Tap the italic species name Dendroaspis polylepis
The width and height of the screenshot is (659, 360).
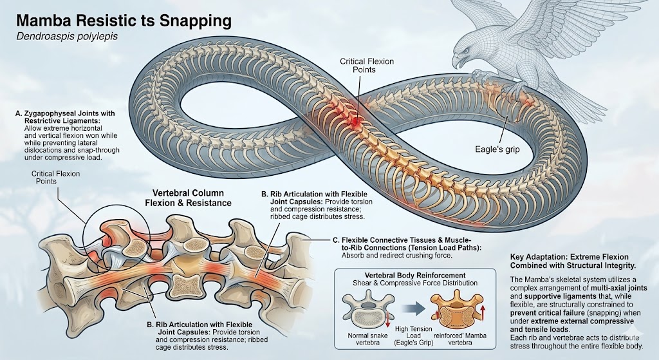pyautogui.click(x=67, y=37)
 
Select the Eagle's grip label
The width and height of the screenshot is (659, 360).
pyautogui.click(x=497, y=149)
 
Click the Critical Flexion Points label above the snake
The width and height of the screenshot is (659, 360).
pyautogui.click(x=366, y=65)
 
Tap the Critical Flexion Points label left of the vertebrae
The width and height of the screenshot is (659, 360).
pyautogui.click(x=55, y=178)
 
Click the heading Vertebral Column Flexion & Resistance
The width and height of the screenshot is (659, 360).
pyautogui.click(x=188, y=198)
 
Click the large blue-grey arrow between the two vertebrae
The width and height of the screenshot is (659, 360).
pyautogui.click(x=413, y=309)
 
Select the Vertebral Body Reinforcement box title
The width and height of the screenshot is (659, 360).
pyautogui.click(x=415, y=276)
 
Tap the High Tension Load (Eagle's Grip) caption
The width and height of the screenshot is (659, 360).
pyautogui.click(x=414, y=336)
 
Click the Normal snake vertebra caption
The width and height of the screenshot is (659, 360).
pyautogui.click(x=367, y=339)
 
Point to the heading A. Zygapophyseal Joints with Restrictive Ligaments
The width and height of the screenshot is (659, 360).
pyautogui.click(x=65, y=117)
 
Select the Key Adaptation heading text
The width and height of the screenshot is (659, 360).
pyautogui.click(x=573, y=261)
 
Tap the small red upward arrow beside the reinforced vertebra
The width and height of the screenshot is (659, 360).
pyautogui.click(x=483, y=314)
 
